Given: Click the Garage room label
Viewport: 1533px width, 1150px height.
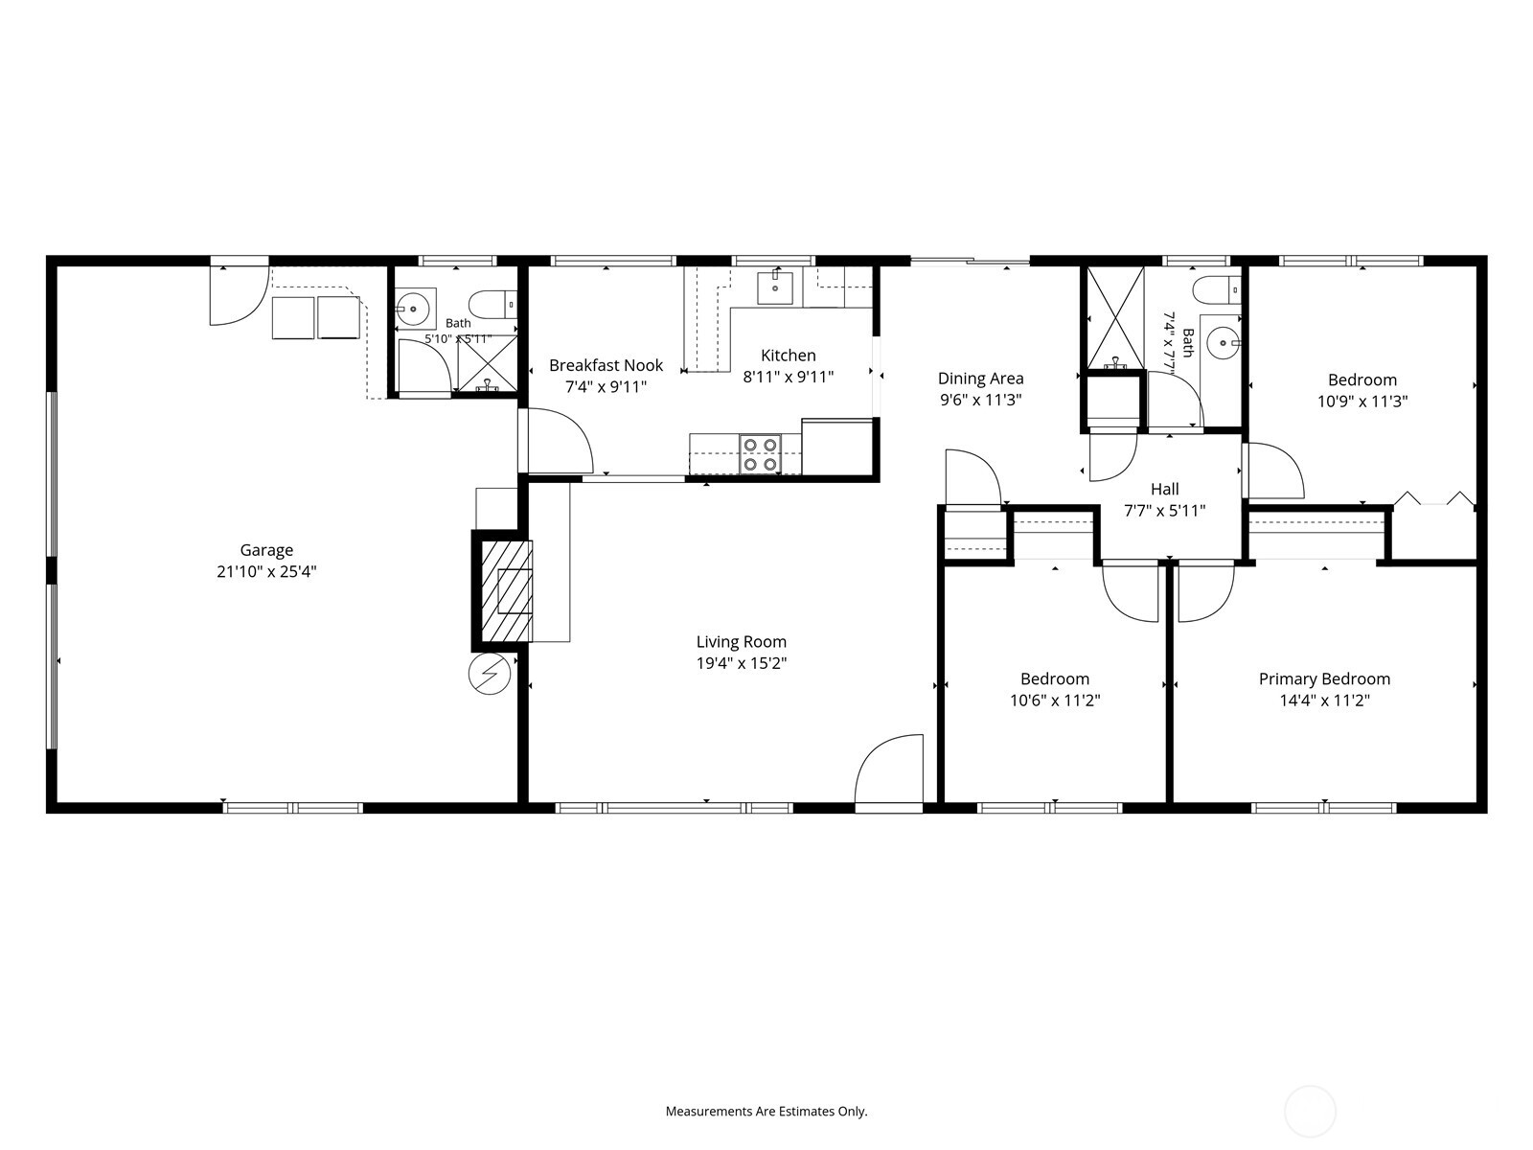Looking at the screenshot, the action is point(266,550).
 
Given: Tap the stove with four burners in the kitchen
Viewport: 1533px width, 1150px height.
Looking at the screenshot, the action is point(760,454).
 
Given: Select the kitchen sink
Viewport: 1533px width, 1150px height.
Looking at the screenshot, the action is point(775,287).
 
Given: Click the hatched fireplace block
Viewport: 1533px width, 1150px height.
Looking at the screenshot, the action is point(506,590).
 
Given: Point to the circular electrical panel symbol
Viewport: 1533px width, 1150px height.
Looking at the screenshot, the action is point(490,674).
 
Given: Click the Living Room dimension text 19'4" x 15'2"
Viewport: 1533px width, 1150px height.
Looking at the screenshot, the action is point(741,662).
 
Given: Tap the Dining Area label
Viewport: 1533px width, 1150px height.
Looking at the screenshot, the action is point(980,379).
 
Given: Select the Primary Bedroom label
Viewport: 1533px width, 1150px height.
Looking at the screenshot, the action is point(1324,678).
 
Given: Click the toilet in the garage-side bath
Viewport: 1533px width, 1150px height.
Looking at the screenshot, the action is point(492,305).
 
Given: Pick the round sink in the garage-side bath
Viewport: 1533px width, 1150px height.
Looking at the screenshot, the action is point(414,308).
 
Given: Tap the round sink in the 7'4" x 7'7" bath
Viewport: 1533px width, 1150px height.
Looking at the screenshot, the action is point(1224,342).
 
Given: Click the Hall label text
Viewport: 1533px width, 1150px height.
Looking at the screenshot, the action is point(1165,489).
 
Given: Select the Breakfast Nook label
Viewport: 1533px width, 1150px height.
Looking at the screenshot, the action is point(606,365).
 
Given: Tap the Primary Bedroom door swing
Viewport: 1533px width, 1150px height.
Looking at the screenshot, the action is point(1206,593).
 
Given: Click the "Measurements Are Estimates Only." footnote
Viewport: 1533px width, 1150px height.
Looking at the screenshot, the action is point(766,1111).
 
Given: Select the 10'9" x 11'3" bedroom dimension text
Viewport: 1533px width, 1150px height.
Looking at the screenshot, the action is point(1361,402).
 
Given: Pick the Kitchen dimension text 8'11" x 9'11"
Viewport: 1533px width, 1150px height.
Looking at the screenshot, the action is point(788,377).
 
